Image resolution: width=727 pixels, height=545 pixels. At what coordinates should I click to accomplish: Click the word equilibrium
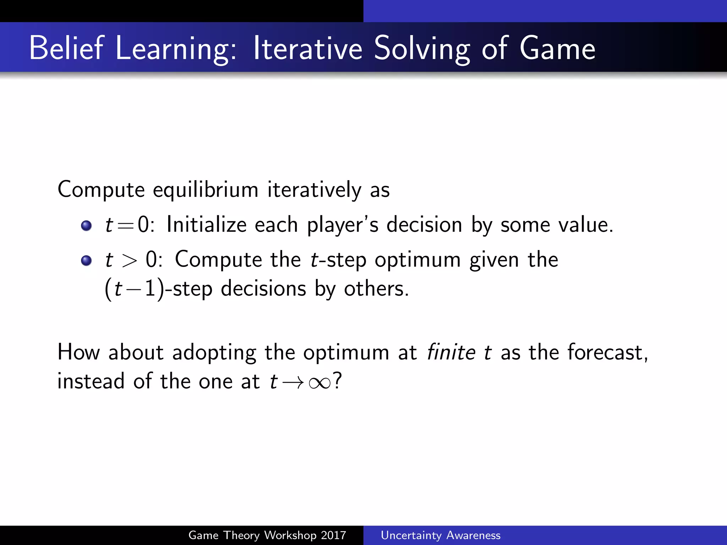tap(206, 190)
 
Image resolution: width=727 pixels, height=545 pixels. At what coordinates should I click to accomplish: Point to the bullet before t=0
tap(86, 226)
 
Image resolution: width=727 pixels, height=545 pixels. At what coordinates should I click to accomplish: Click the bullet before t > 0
tap(86, 261)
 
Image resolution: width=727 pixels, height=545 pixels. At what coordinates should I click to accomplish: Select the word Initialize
tap(206, 225)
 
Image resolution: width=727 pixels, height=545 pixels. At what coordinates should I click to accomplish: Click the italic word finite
tap(451, 352)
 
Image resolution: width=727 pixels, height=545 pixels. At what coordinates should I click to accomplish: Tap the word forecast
tap(607, 352)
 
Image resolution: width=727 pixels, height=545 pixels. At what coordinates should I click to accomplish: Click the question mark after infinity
tap(337, 381)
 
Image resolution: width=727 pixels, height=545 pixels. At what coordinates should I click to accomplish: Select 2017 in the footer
tap(333, 535)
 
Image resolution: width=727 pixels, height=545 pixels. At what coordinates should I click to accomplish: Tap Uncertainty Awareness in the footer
tap(441, 535)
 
